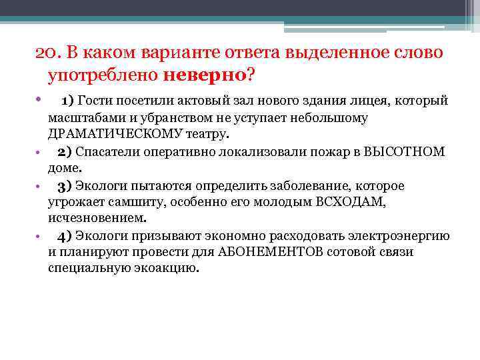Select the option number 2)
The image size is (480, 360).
[x=64, y=151]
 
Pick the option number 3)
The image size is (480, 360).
[x=64, y=185]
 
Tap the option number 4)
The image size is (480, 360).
[x=64, y=235]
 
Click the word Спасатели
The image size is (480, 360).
[x=104, y=151]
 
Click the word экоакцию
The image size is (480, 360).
[x=169, y=269]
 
